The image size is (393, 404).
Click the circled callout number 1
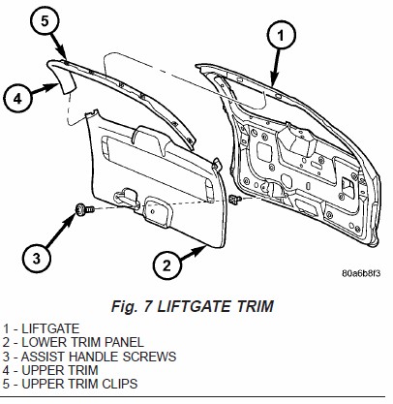282,35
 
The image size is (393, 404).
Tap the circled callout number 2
166,265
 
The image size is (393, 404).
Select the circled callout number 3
37,259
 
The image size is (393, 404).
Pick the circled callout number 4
17,98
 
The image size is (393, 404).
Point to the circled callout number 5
45,21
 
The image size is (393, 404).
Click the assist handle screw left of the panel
84,209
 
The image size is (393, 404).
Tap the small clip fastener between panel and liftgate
235,200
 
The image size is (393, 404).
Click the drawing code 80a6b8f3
361,273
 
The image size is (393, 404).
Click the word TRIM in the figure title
256,306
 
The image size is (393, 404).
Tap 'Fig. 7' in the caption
132,306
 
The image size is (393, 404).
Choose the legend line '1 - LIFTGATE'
41,328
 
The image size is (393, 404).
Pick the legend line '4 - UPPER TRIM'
50,370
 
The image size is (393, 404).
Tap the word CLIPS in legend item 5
120,384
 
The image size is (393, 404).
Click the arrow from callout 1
277,67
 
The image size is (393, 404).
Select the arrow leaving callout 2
193,253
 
